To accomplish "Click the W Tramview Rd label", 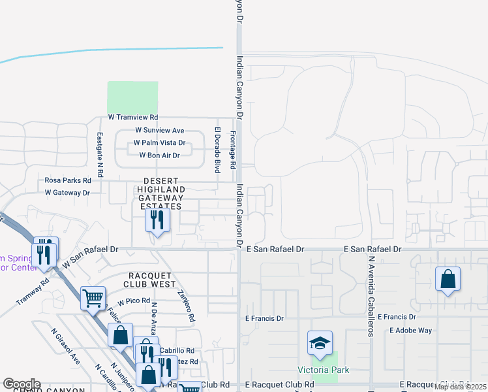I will (133, 118).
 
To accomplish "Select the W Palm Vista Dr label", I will (159, 142).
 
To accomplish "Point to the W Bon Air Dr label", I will (159, 155).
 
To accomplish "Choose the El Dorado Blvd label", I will (217, 152).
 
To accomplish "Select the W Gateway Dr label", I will (67, 193).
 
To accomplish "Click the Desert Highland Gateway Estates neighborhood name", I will (160, 193).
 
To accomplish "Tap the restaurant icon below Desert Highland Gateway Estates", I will (157, 220).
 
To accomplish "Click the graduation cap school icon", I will (320, 344).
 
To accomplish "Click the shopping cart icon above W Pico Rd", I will (93, 298).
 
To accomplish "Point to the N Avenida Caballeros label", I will (370, 295).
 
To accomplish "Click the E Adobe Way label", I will (411, 331).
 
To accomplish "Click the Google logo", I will (22, 384).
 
